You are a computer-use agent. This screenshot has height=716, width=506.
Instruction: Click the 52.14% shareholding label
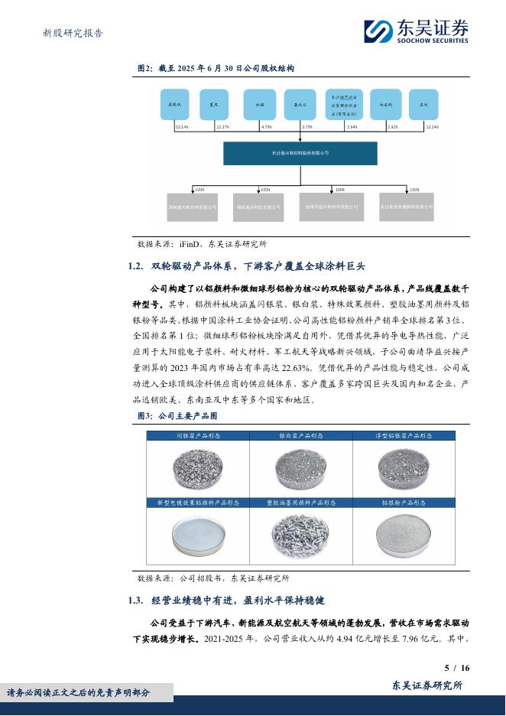coord(181,126)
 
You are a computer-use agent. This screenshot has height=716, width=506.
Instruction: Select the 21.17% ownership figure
coord(222,126)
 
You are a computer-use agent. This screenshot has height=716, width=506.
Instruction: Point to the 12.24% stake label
coord(432,126)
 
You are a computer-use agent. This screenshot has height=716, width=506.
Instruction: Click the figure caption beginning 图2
coord(216,68)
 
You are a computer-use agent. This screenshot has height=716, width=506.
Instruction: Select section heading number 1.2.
coord(136,266)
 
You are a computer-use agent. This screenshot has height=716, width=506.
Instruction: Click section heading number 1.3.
coord(136,600)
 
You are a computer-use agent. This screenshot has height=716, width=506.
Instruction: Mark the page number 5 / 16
coord(456,667)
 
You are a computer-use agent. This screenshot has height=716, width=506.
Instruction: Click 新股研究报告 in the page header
coord(72,33)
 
